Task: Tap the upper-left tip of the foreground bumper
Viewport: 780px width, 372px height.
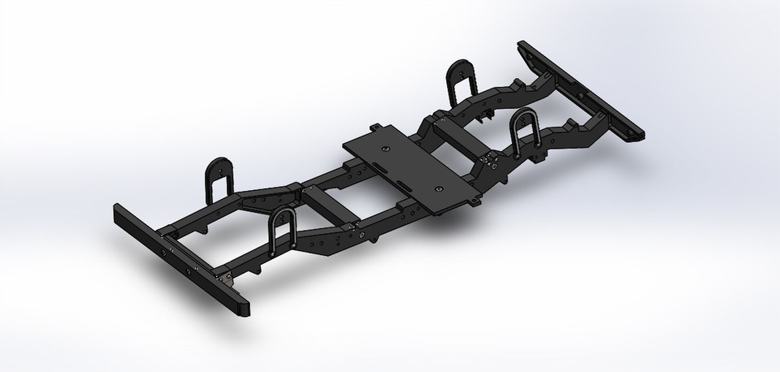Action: (117, 210)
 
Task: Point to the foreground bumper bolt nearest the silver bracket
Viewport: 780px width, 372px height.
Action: (193, 265)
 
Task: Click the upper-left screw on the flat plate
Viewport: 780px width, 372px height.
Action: (385, 149)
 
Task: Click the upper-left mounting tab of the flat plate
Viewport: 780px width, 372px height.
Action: (375, 128)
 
